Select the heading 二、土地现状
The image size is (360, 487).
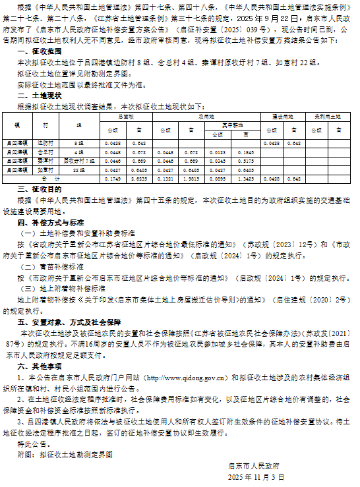40,95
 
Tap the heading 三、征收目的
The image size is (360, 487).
40,189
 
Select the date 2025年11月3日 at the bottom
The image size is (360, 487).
256,476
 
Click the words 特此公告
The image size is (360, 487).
31,445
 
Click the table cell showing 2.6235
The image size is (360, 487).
138,178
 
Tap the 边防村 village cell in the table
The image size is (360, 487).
45,142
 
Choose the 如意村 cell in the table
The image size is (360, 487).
45,169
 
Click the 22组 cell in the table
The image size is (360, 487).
78,169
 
